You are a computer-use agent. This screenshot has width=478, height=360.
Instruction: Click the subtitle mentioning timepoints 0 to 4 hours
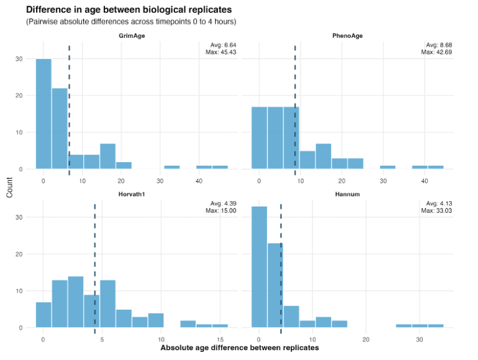131,22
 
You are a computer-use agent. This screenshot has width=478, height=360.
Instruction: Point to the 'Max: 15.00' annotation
222,210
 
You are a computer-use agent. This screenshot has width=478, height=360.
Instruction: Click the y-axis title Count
9,187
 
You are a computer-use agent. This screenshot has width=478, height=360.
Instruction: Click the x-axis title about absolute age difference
240,348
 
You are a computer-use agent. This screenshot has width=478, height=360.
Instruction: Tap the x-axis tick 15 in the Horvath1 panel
220,338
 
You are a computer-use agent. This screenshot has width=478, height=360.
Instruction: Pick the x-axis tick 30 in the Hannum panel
419,338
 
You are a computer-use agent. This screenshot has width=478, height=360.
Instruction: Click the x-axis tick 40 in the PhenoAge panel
424,180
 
